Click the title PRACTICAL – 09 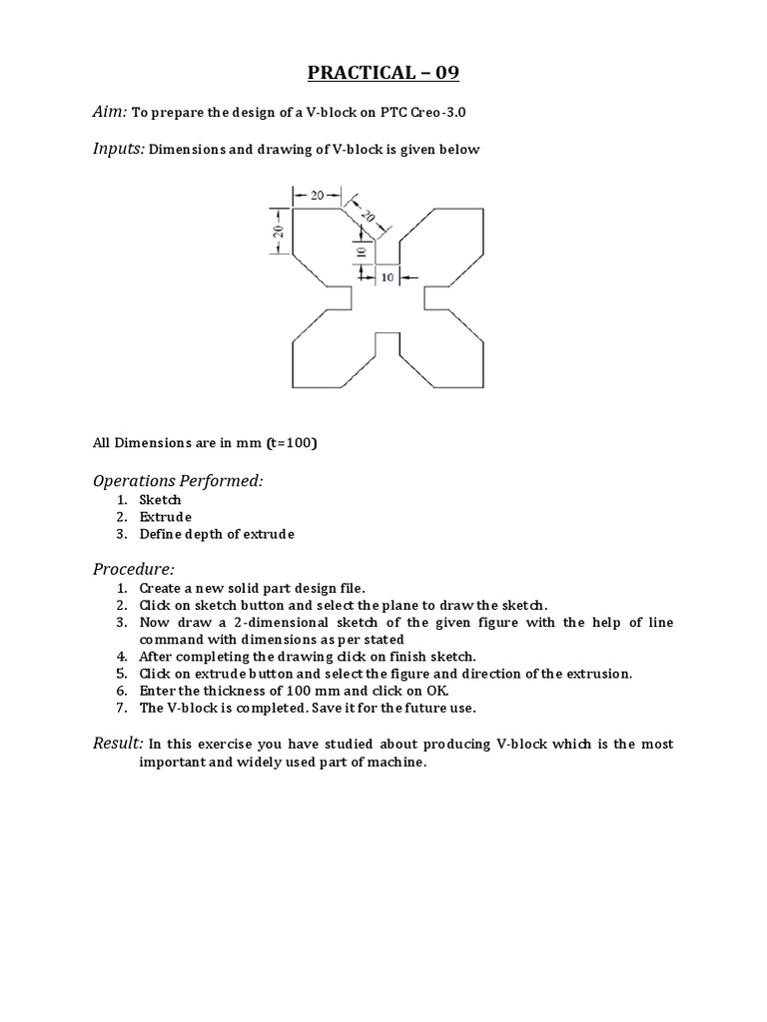[x=383, y=73]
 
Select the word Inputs [x=118, y=149]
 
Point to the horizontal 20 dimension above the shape [x=317, y=196]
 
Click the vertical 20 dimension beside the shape [x=279, y=231]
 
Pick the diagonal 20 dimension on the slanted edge [x=367, y=216]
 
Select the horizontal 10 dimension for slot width [x=387, y=277]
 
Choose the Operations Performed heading [x=178, y=481]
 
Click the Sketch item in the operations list [x=160, y=499]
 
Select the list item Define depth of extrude [x=217, y=534]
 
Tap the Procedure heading [x=134, y=569]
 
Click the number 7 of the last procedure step [x=120, y=708]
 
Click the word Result [x=117, y=744]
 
